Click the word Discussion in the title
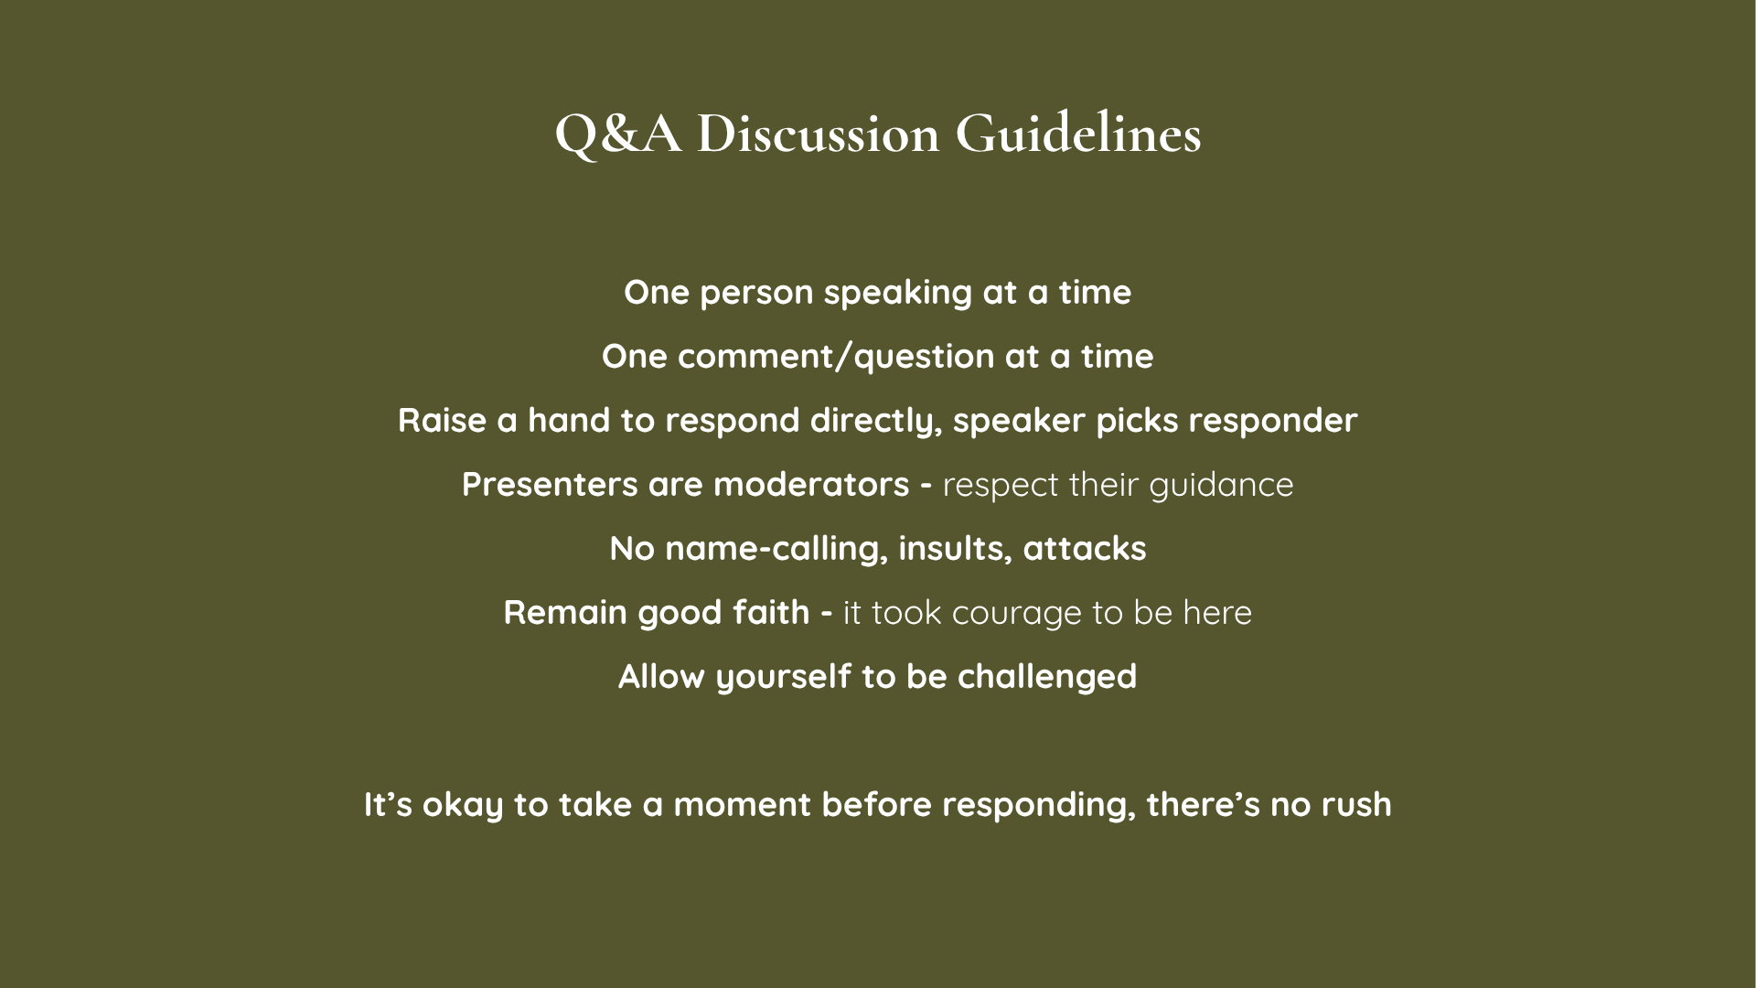(818, 134)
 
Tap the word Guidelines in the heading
(1078, 134)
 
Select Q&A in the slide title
(618, 135)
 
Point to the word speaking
(897, 294)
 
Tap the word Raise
(442, 421)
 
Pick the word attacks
(1085, 549)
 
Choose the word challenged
(1047, 677)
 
